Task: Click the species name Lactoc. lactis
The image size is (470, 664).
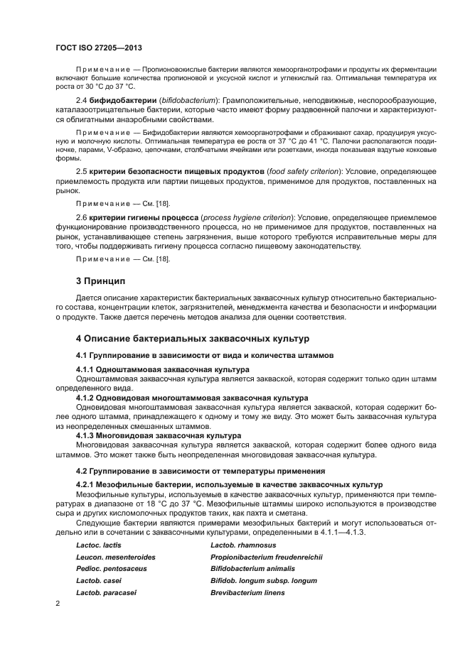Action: (x=99, y=545)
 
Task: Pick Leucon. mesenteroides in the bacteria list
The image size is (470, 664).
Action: (x=115, y=557)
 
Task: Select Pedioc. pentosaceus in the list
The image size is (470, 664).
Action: (x=111, y=569)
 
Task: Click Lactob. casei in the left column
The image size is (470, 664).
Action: (x=97, y=581)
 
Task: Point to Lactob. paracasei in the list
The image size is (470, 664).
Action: (x=106, y=592)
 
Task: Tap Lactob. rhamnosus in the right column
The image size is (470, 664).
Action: (x=243, y=545)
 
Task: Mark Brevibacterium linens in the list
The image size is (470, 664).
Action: (x=247, y=592)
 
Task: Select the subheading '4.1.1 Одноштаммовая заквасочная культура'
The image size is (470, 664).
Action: (x=162, y=369)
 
